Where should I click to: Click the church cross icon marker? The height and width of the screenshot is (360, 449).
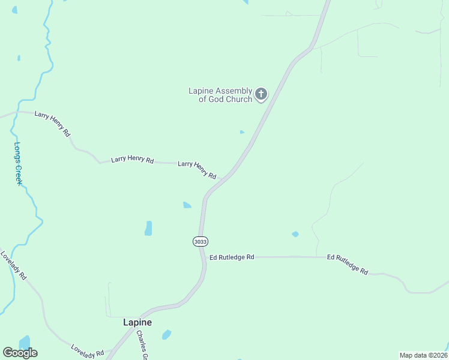[x=261, y=94]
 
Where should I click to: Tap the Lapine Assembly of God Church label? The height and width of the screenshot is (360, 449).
[x=220, y=95]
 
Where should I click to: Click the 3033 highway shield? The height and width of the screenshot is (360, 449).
[x=200, y=241]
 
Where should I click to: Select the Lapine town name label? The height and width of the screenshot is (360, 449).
[x=137, y=322]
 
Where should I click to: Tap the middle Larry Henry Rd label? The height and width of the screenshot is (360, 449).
[x=133, y=160]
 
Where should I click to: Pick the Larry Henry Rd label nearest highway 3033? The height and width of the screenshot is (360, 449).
[x=197, y=169]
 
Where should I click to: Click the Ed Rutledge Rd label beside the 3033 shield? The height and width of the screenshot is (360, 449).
[x=232, y=257]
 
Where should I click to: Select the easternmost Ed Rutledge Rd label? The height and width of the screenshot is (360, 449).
[x=348, y=264]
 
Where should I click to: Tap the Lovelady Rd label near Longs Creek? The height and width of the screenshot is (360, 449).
[x=14, y=266]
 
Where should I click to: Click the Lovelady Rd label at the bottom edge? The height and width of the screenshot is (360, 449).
[x=88, y=352]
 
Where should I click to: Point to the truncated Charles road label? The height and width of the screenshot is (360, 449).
[x=142, y=345]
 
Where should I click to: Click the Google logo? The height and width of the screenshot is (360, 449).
[x=20, y=353]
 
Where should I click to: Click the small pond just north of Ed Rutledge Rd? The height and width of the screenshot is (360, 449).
[x=295, y=234]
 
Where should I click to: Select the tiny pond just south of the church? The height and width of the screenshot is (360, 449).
[x=242, y=132]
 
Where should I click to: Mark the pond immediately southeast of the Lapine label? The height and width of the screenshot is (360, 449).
[x=166, y=334]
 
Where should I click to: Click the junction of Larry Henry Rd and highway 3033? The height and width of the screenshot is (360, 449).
[x=222, y=179]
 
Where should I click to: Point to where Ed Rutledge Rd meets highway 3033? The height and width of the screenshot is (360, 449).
[x=205, y=257]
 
